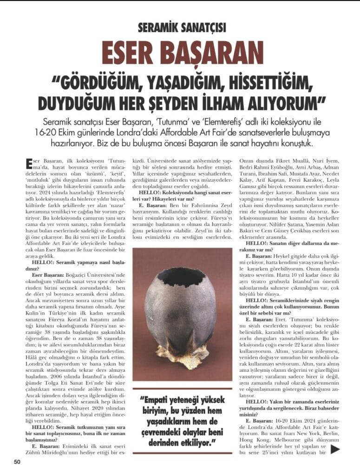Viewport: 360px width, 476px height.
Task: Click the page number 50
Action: tap(17, 461)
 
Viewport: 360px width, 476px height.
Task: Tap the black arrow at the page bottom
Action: tap(336, 449)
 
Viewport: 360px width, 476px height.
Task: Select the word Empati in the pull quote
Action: tap(157, 400)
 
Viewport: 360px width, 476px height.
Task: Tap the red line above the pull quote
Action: tap(182, 389)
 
